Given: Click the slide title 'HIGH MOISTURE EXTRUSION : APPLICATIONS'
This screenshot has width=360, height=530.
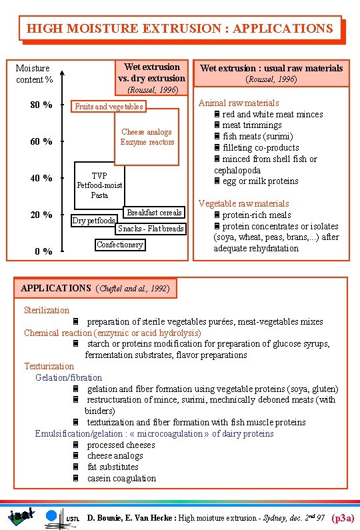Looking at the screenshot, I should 179,29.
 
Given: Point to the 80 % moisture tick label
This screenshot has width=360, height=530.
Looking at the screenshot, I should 41,105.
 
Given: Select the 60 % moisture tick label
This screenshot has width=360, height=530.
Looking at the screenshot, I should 41,141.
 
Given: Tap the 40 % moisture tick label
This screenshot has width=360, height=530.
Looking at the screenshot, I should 41,178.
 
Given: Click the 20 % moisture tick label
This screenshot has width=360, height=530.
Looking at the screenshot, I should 41,215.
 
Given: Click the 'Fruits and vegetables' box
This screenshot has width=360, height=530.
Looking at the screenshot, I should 109,107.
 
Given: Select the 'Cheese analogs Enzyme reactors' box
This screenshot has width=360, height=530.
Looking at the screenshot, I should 147,137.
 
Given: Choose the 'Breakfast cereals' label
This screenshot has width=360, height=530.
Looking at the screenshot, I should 154,213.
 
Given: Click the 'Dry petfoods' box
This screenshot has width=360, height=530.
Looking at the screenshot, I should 94,221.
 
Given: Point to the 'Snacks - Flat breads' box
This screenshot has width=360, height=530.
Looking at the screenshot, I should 151,229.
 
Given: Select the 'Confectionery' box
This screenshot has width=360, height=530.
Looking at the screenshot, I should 119,245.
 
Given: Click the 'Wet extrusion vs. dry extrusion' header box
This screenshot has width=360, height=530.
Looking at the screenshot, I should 151,73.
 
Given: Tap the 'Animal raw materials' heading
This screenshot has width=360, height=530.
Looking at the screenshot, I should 239,103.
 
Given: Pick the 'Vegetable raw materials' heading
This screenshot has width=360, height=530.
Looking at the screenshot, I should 243,203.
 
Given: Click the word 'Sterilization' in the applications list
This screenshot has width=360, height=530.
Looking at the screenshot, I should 47,310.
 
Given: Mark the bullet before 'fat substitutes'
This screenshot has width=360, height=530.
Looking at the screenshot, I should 76,467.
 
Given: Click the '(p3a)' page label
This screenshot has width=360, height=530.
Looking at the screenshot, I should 342,517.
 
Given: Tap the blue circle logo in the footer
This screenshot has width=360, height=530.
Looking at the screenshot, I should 52,515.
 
